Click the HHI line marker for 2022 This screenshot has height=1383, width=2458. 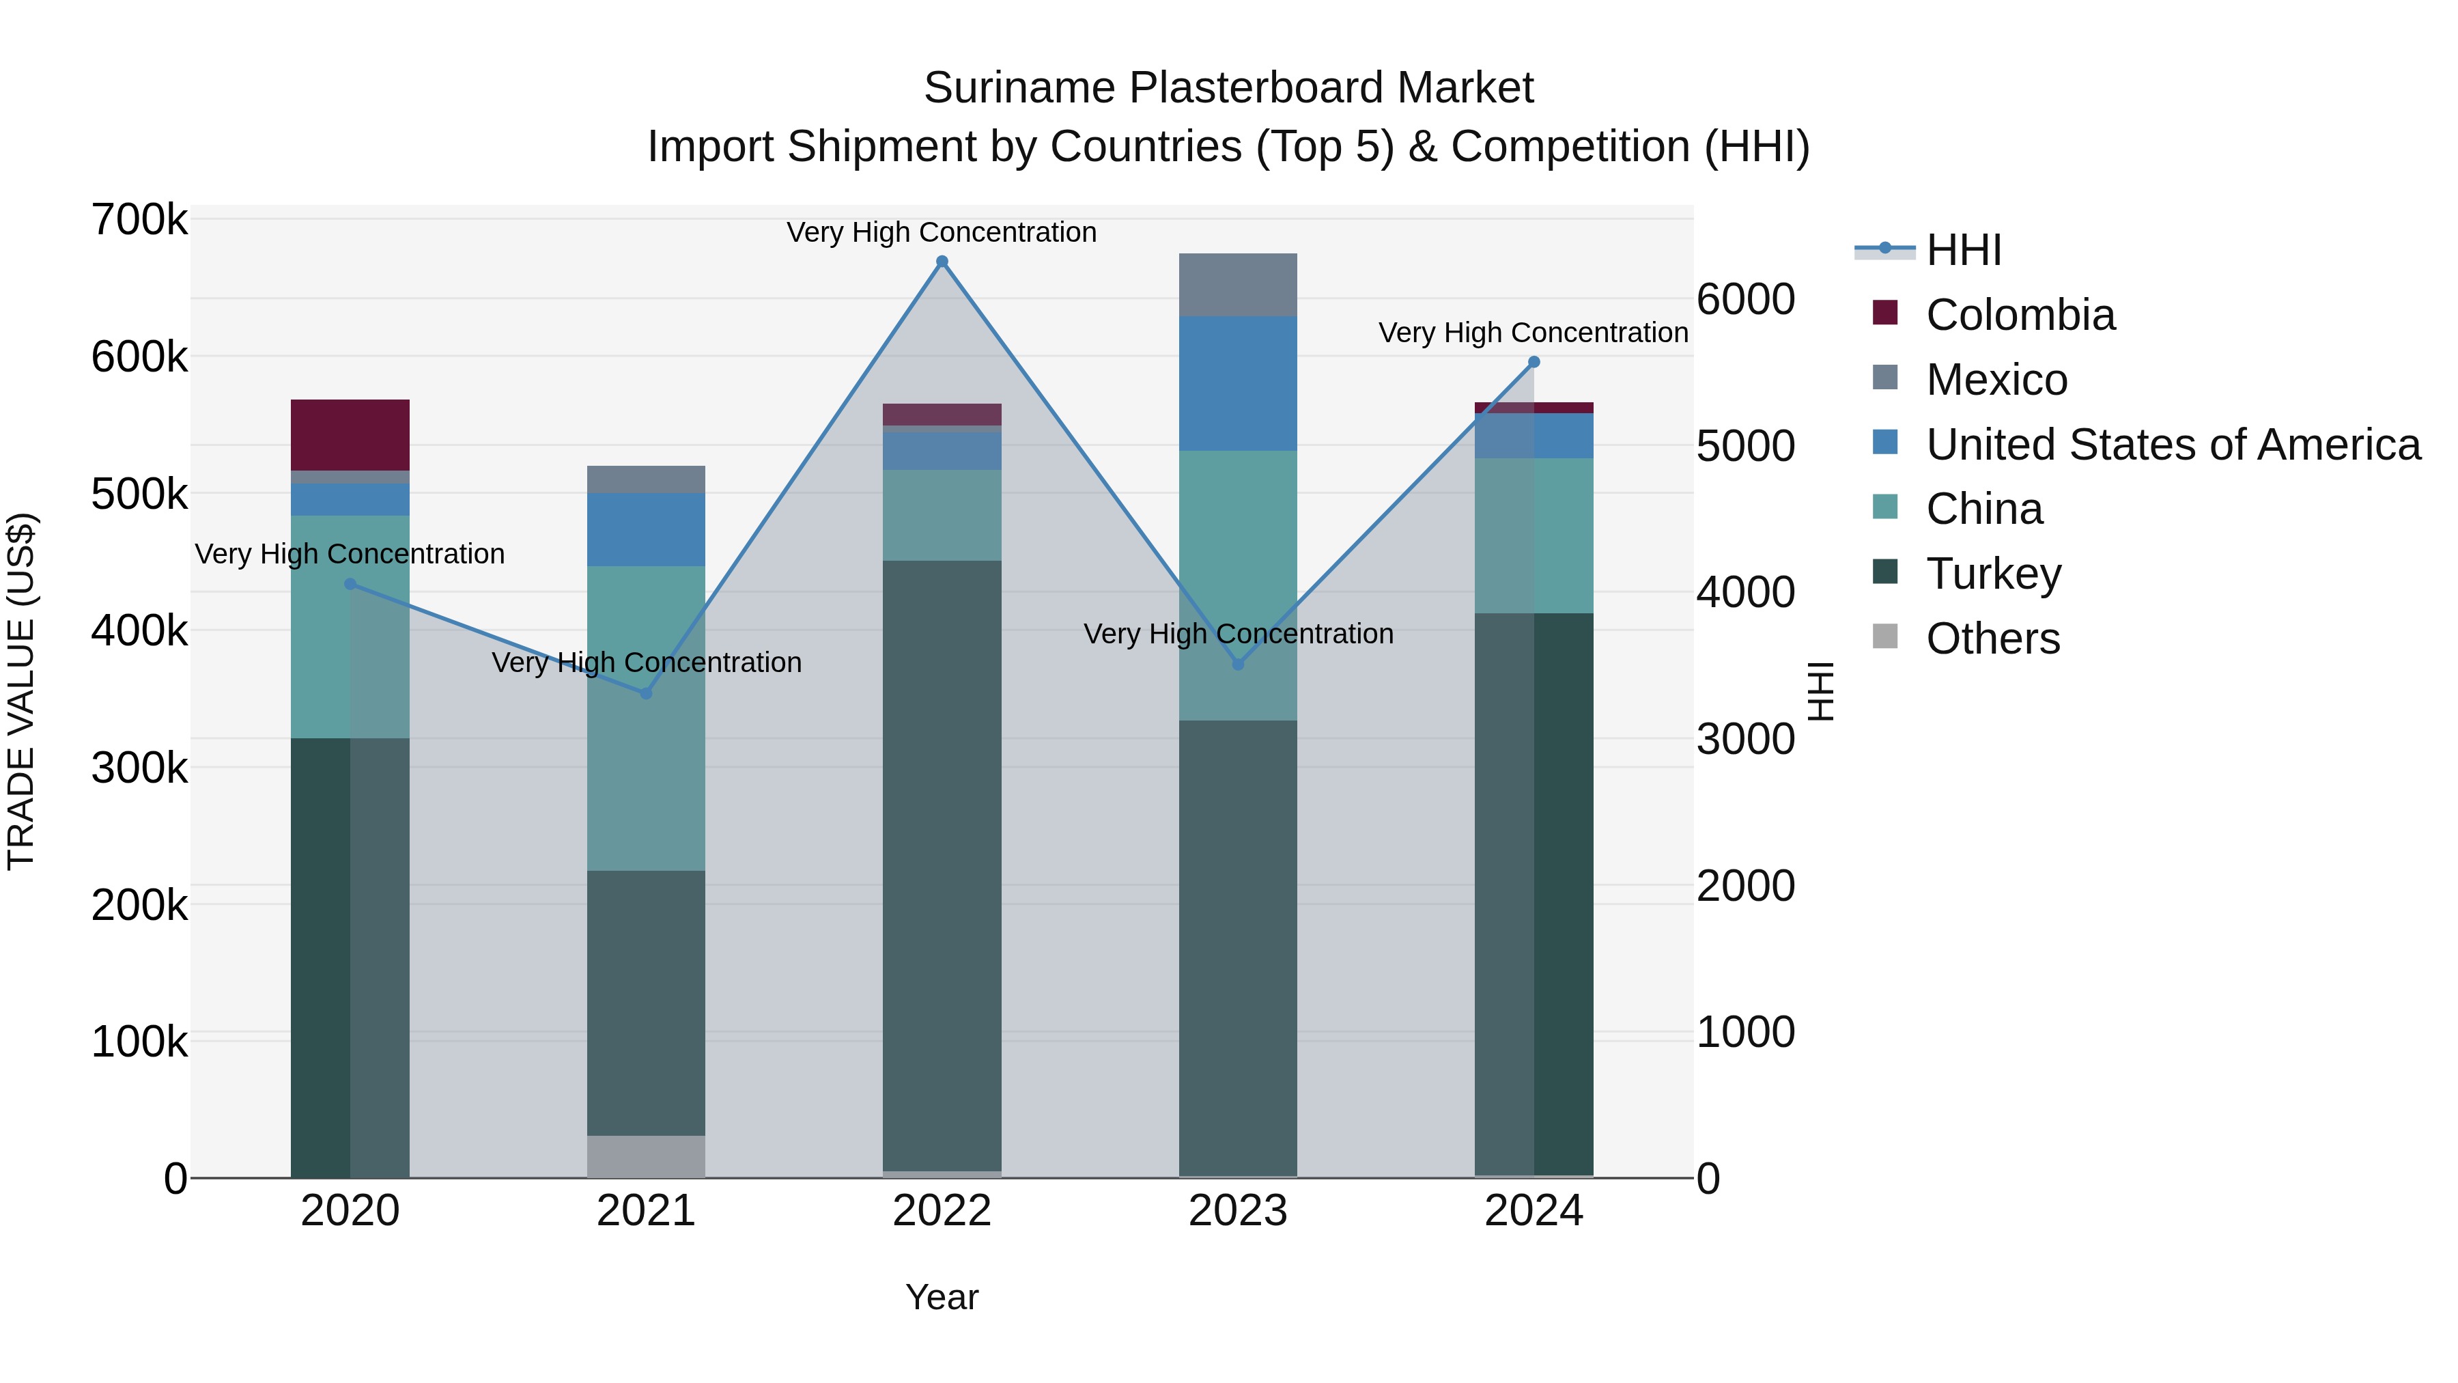click(942, 262)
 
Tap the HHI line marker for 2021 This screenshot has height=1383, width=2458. click(646, 693)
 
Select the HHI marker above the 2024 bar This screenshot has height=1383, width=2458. click(1534, 362)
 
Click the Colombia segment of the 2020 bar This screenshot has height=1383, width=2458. click(350, 434)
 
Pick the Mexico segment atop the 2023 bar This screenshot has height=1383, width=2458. click(1238, 284)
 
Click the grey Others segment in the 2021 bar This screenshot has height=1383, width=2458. click(646, 1156)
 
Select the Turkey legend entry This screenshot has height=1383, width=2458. click(1992, 574)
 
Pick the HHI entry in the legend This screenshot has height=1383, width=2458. click(1963, 250)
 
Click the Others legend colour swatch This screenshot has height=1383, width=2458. click(1884, 636)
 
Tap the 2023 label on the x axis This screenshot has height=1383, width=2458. click(1238, 1211)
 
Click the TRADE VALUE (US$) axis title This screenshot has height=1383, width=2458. click(21, 691)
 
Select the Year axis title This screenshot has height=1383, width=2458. click(942, 1297)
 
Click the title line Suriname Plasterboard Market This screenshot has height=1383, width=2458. click(1228, 88)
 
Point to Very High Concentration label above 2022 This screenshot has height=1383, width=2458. click(942, 232)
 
